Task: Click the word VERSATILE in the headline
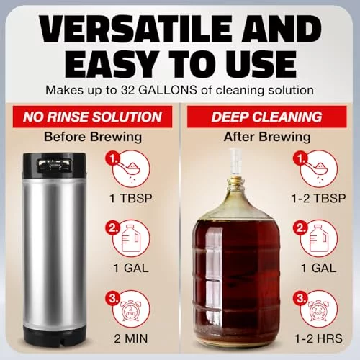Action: pos(136,30)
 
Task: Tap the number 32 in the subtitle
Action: pos(128,90)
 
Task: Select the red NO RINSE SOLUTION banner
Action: pos(92,117)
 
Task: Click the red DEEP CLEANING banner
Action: pos(267,117)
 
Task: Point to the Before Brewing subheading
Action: pos(93,137)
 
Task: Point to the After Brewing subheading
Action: pos(267,137)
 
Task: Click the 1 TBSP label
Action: pos(131,199)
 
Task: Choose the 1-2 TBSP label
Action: pos(318,199)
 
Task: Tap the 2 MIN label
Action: pos(131,338)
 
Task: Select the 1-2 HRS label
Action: pos(318,338)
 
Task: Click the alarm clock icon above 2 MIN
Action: pos(130,311)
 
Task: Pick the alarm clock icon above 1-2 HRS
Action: pos(318,311)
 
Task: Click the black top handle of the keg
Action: pos(54,165)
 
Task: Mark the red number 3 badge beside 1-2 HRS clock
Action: pos(300,298)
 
